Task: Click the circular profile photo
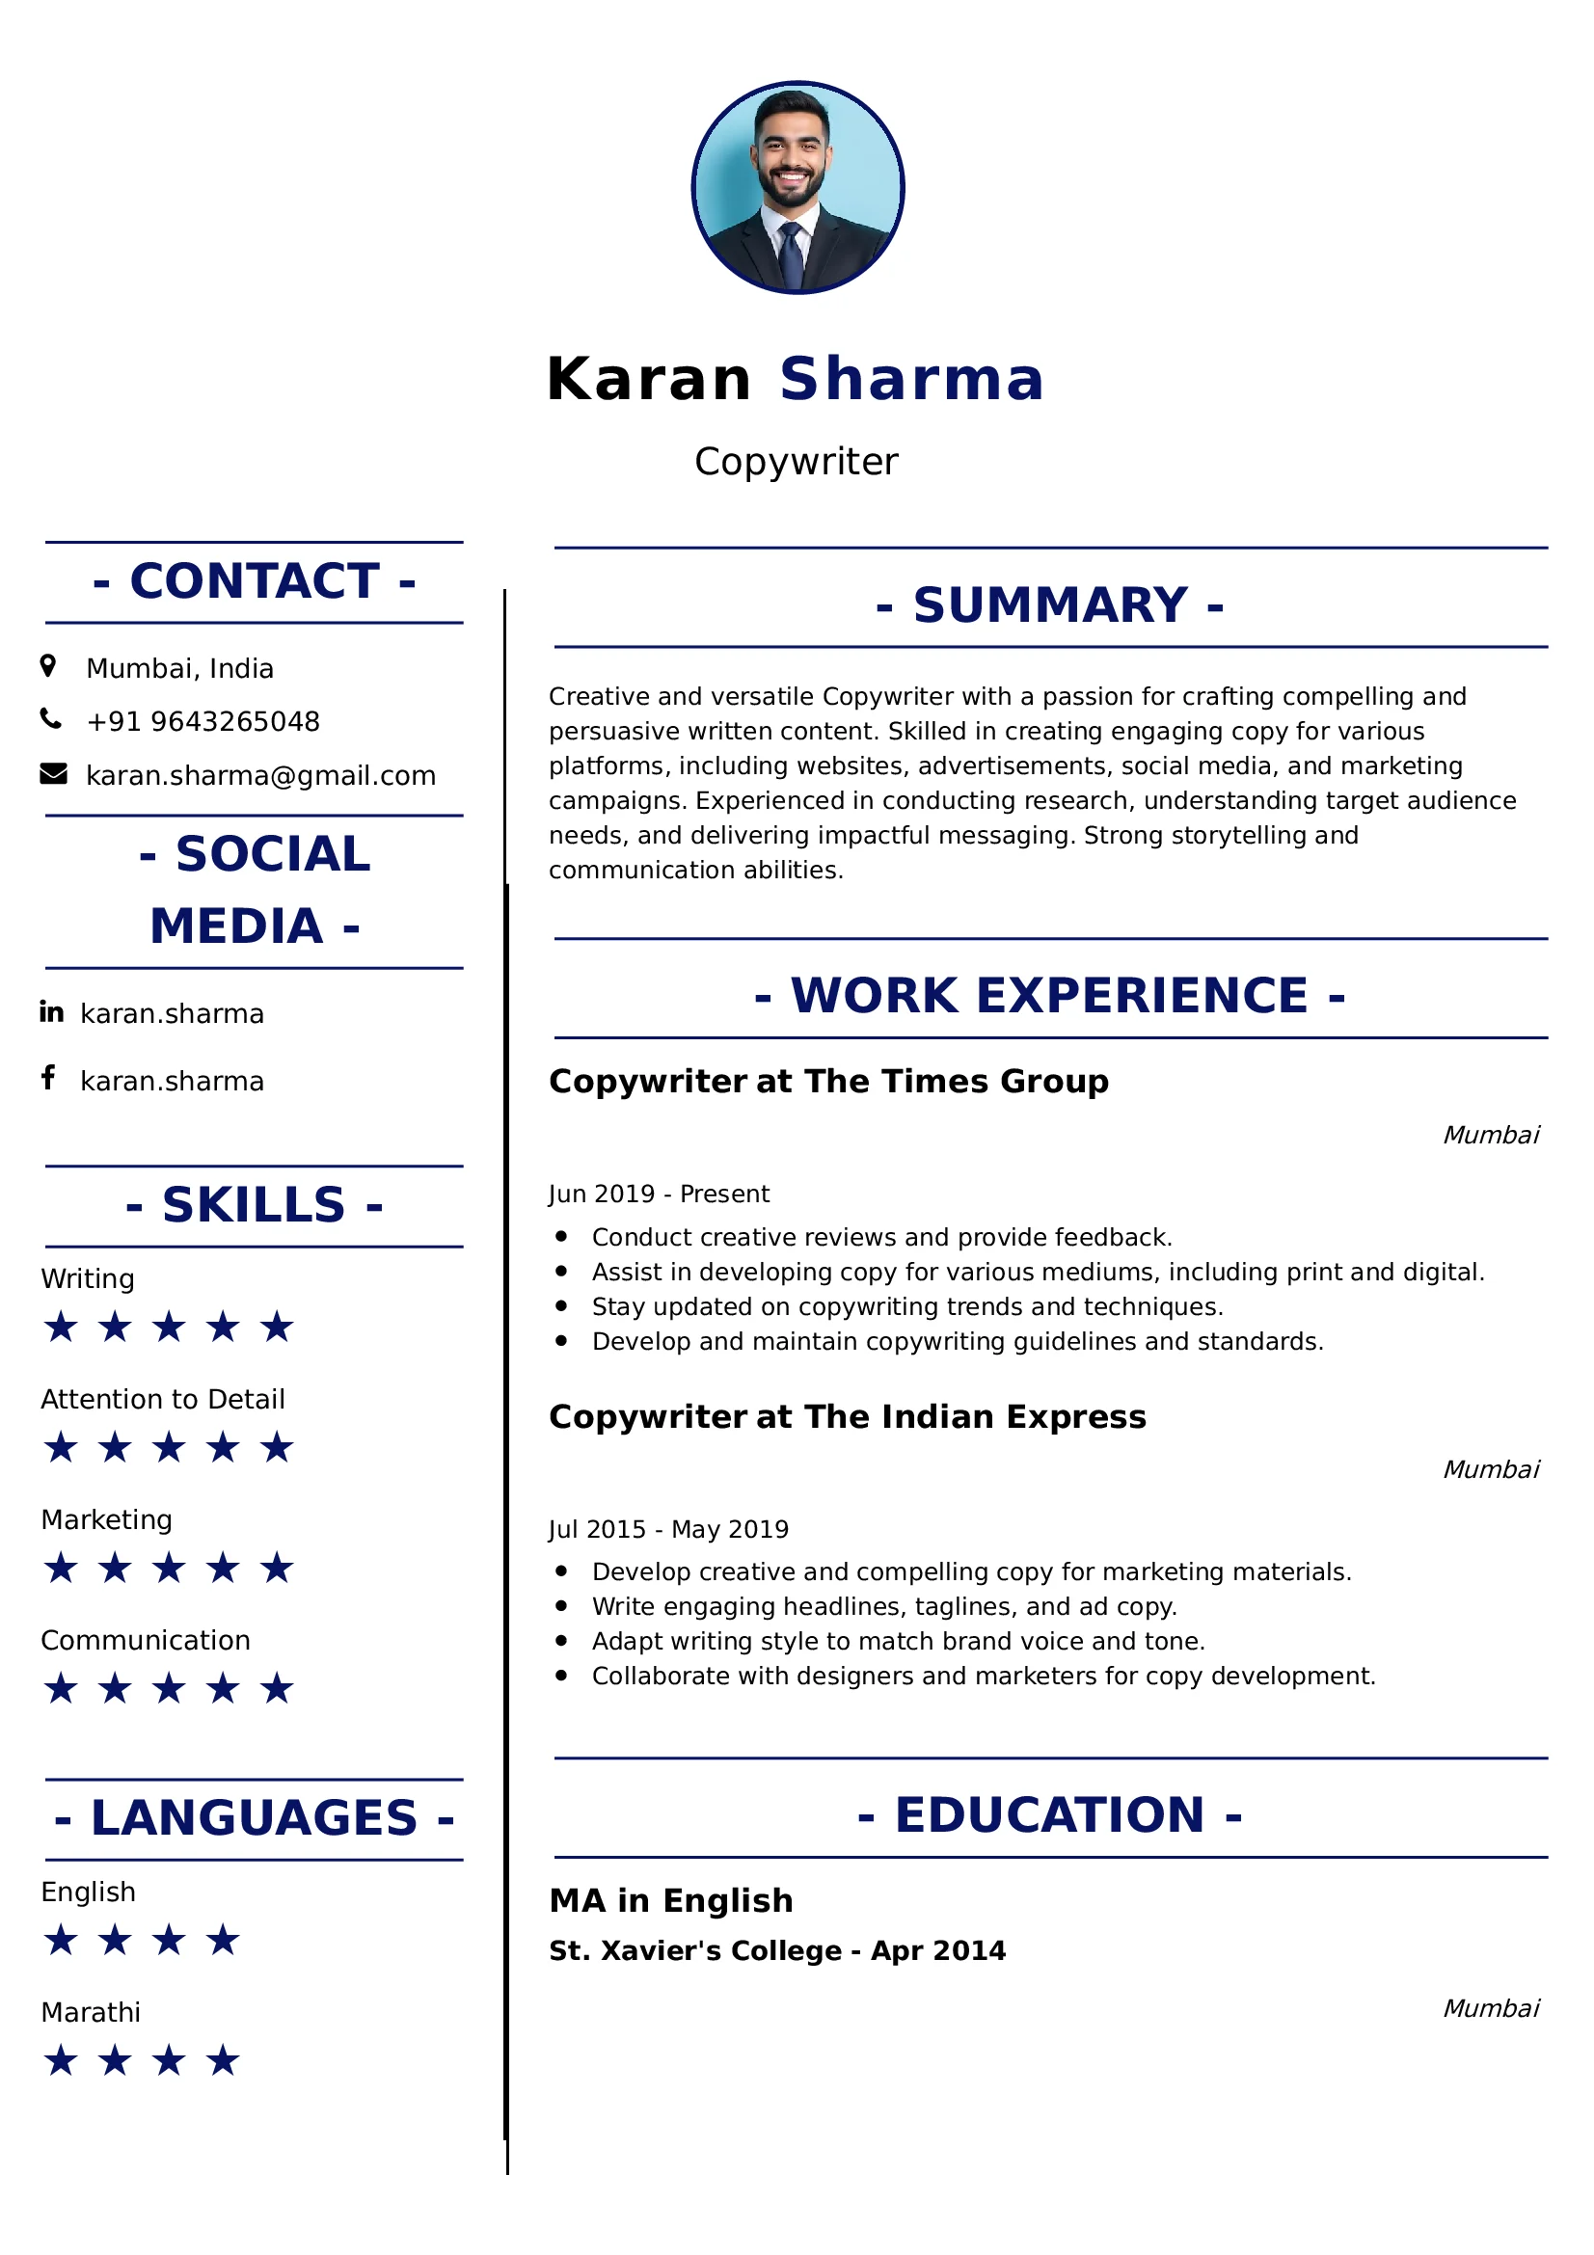click(797, 188)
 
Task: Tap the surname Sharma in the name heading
click(911, 379)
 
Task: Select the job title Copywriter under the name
click(796, 462)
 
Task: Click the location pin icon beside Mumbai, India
click(48, 667)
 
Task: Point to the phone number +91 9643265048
click(203, 722)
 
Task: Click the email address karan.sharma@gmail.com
click(260, 776)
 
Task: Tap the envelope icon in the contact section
click(53, 775)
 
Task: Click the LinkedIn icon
click(51, 1011)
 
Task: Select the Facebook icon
click(48, 1079)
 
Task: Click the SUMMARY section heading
click(1050, 605)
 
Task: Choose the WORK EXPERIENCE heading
click(1050, 996)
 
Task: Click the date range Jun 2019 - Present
click(659, 1195)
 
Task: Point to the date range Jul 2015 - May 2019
click(669, 1530)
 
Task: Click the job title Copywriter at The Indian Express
click(848, 1417)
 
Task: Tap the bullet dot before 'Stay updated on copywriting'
click(561, 1306)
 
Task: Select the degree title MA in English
click(671, 1901)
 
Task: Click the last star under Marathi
click(224, 2061)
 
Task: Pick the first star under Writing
click(61, 1328)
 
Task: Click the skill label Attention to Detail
click(163, 1400)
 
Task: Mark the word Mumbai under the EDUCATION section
click(1491, 2008)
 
